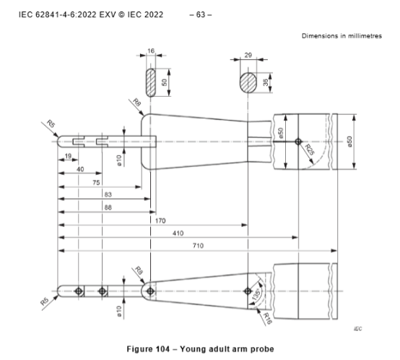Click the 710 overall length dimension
pos(197,246)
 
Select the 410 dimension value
pos(177,233)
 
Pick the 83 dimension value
pos(107,195)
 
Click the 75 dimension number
pos(95,183)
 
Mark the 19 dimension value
pos(66,156)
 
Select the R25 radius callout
pos(309,151)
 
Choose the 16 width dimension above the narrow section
pos(150,52)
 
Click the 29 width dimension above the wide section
pos(248,56)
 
